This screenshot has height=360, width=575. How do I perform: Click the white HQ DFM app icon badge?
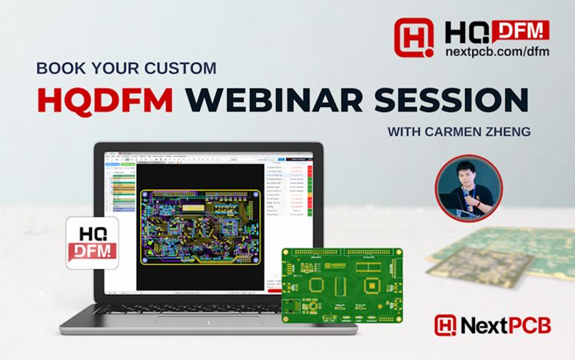pyautogui.click(x=91, y=240)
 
